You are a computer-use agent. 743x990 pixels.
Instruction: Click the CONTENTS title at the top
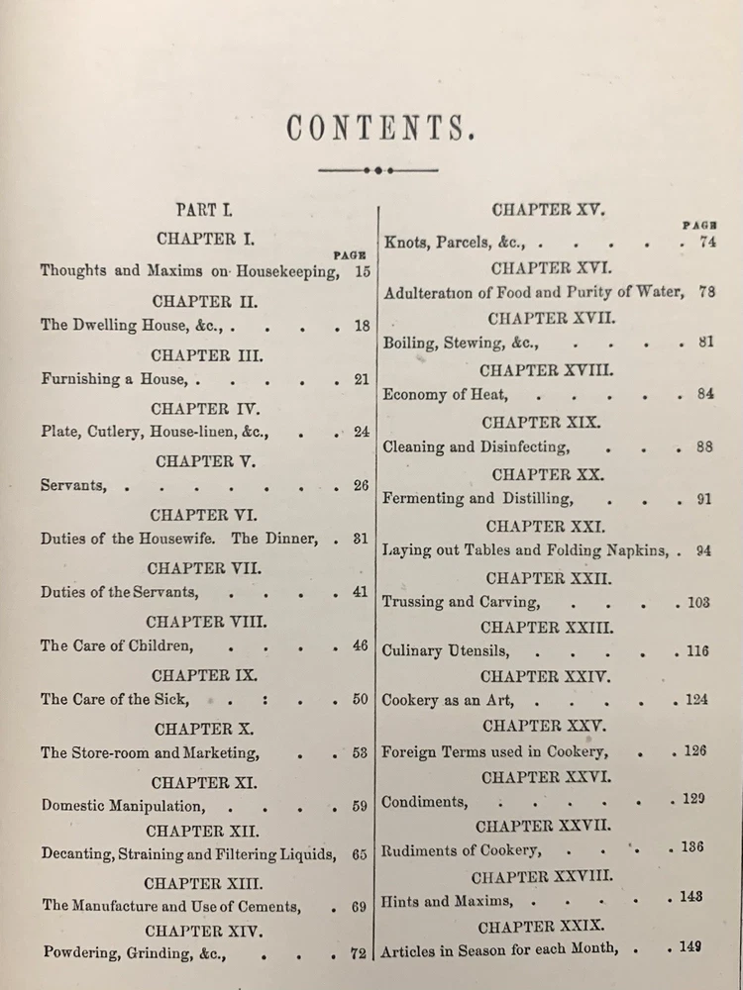[375, 128]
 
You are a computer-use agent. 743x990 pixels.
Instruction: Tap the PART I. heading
[204, 210]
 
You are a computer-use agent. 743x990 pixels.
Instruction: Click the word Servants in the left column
[73, 486]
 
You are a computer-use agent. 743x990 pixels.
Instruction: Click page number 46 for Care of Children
[360, 645]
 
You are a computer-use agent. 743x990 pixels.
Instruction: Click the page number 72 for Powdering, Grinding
[359, 954]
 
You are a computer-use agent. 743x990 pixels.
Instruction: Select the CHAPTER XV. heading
[548, 210]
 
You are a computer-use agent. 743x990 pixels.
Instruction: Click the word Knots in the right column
[405, 242]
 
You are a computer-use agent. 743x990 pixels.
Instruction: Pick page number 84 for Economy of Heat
[704, 393]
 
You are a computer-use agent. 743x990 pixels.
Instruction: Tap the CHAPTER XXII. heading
[548, 577]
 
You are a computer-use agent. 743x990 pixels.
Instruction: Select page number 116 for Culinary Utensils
[696, 652]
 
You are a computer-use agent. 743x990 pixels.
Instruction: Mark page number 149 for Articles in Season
[690, 947]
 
